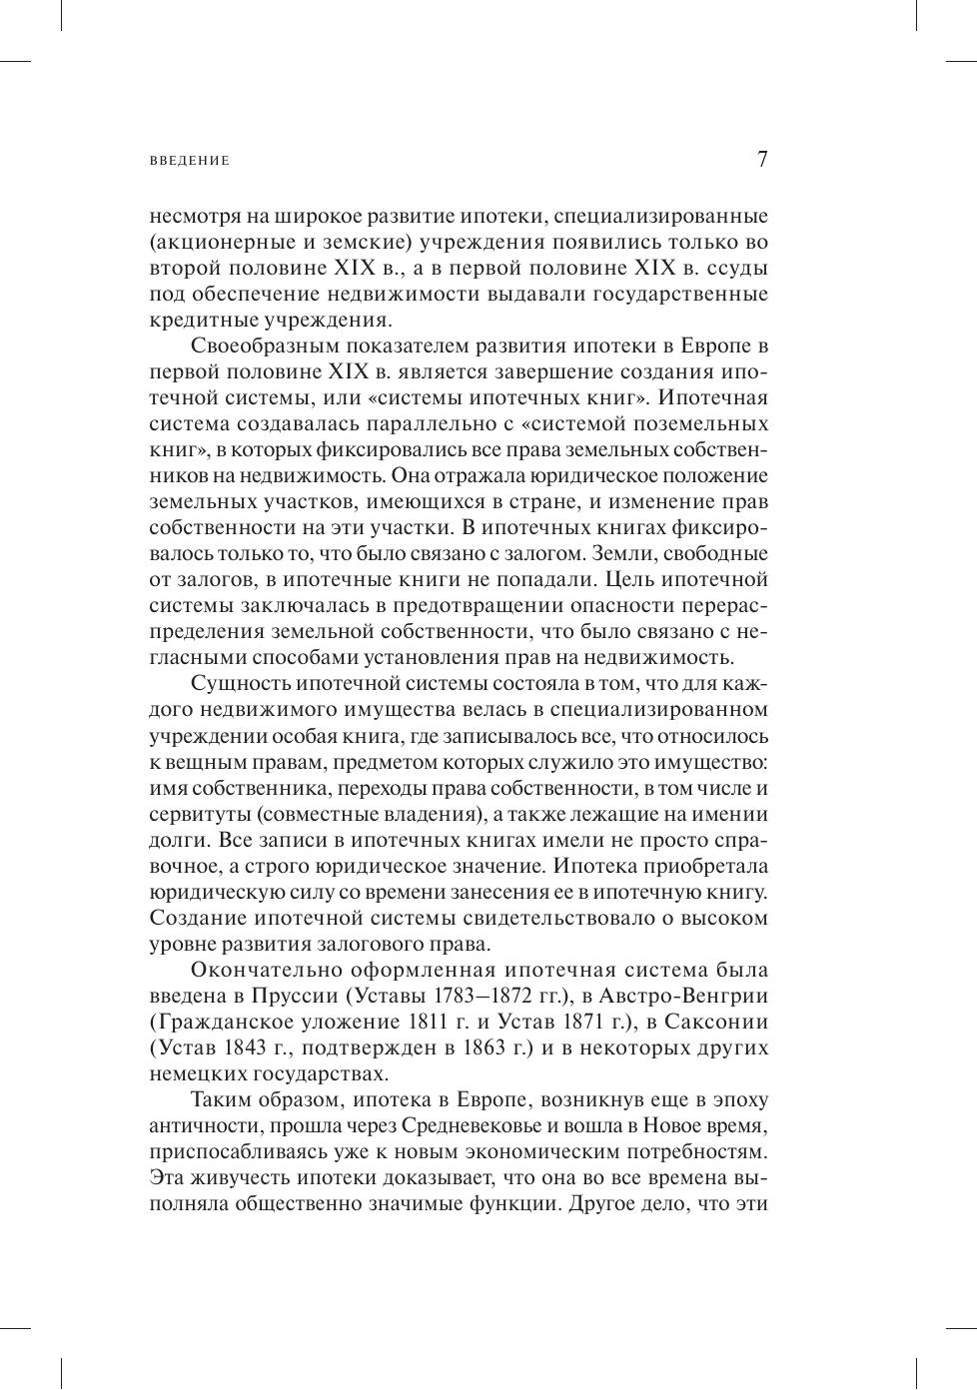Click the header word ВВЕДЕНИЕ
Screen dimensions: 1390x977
click(189, 161)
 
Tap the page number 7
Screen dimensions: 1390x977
click(762, 160)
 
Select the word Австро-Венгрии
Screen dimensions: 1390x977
click(699, 996)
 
